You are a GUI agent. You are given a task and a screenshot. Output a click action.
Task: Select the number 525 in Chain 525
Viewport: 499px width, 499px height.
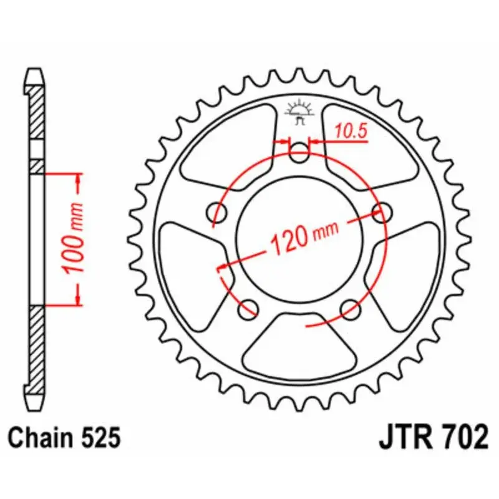(x=99, y=438)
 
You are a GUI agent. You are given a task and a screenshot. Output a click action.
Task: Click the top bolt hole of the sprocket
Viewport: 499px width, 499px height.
(x=300, y=152)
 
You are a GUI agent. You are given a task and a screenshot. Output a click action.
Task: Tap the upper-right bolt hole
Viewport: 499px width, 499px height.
(x=381, y=210)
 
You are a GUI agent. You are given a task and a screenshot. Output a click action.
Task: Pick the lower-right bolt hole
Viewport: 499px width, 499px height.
(x=351, y=306)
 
